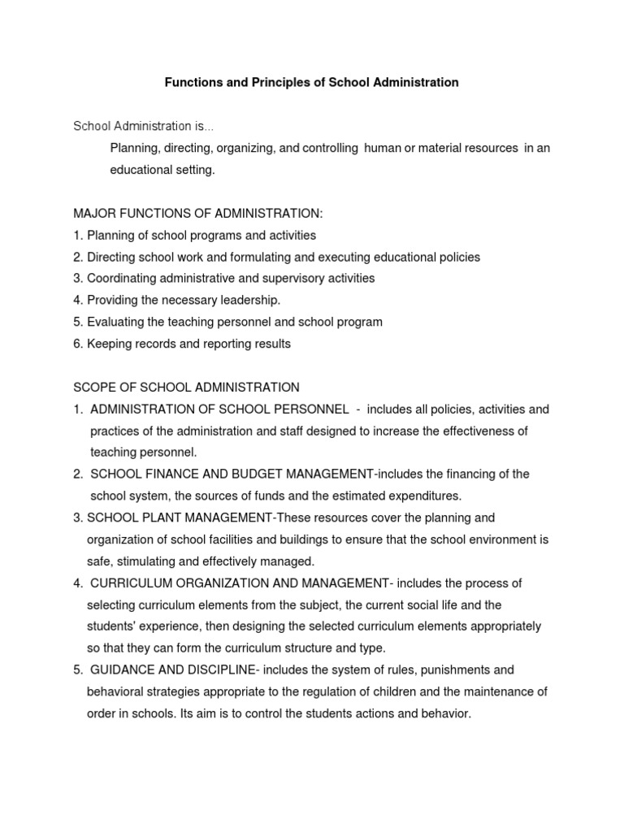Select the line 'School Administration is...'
(x=144, y=126)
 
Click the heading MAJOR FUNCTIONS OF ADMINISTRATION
(x=197, y=213)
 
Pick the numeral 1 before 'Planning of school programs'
(x=77, y=235)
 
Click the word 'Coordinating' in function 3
(x=122, y=278)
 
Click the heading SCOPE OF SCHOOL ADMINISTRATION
(x=186, y=387)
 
